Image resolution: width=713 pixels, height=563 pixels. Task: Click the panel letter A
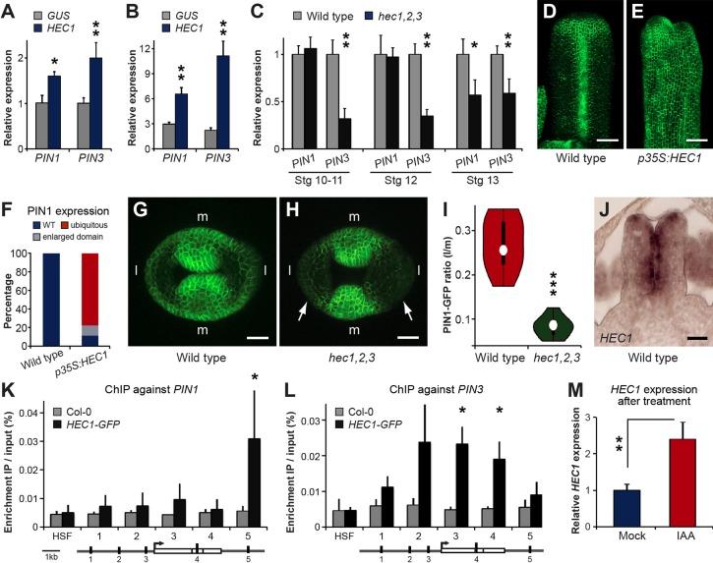click(x=9, y=10)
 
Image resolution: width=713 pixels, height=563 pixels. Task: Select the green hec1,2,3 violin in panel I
click(x=556, y=324)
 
